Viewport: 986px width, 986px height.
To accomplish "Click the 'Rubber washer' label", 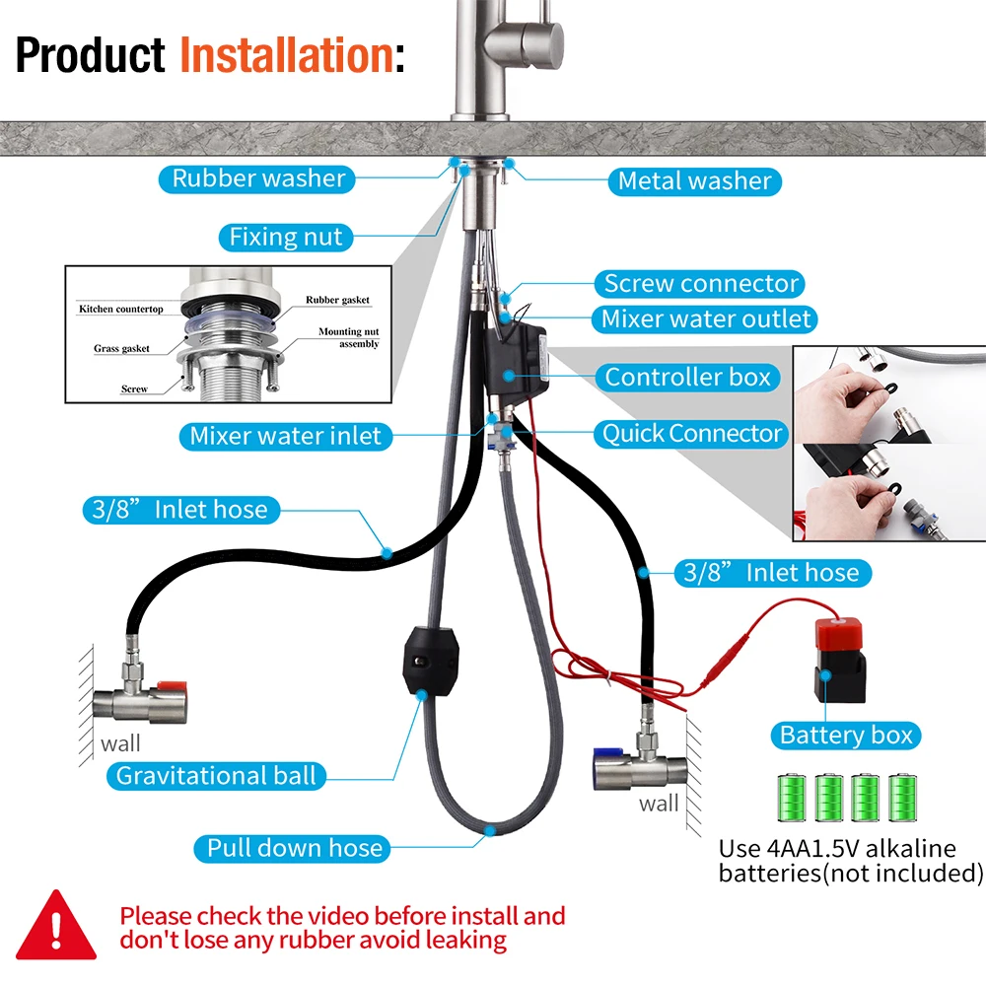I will (258, 178).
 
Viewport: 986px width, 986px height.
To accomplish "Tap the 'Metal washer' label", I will (694, 180).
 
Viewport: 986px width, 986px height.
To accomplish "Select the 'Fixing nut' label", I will (286, 237).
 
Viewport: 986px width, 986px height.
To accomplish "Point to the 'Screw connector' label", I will (701, 284).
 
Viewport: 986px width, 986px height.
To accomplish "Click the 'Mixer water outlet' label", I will (706, 318).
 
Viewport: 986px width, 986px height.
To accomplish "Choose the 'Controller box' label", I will (687, 377).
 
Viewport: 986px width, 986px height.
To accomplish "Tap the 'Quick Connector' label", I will (692, 434).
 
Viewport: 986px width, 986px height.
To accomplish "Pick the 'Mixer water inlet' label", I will (285, 436).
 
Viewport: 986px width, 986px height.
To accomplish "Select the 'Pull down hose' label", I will (294, 847).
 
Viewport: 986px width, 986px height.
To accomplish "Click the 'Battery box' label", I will (846, 735).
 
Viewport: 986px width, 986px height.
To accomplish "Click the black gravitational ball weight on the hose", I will (430, 660).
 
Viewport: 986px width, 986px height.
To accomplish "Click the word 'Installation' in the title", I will (286, 55).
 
